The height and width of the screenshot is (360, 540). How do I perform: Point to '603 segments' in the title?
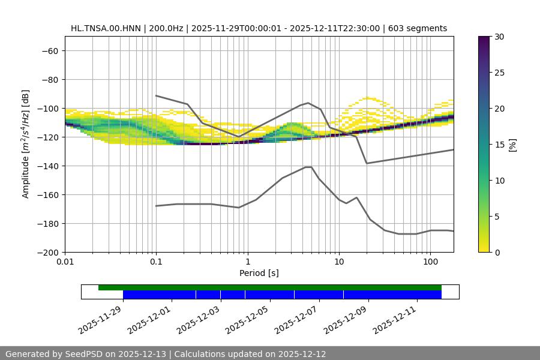(418, 28)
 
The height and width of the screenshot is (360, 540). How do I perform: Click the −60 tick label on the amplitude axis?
(49, 50)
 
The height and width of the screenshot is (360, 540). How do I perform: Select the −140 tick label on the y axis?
(47, 166)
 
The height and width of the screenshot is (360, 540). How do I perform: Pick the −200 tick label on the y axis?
(47, 252)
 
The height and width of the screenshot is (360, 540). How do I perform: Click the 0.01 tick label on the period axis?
(65, 262)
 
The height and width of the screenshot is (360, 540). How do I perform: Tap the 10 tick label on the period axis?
(339, 262)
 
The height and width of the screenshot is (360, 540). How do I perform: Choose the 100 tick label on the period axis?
(430, 262)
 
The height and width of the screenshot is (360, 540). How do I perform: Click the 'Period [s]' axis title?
(259, 273)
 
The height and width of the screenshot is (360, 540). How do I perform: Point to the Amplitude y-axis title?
(26, 144)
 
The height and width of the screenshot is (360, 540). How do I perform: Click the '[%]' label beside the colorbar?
(513, 144)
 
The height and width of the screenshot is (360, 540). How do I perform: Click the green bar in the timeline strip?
(270, 287)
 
